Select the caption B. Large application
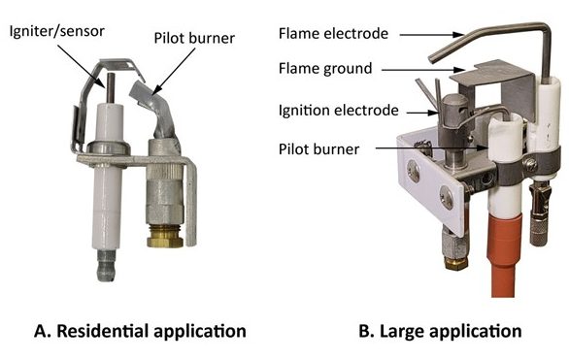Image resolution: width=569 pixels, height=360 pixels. point(440,331)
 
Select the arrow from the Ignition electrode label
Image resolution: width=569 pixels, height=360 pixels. point(418,112)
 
